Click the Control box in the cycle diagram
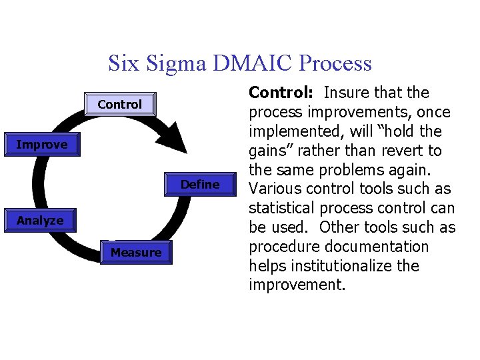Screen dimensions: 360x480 pyautogui.click(x=120, y=105)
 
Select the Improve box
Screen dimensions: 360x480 pyautogui.click(x=41, y=145)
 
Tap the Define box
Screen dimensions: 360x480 pyautogui.click(x=200, y=185)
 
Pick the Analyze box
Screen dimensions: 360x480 pyautogui.click(x=40, y=221)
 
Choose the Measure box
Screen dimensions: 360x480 pyautogui.click(x=136, y=253)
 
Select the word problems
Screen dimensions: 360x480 pyautogui.click(x=354, y=170)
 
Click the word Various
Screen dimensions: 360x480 pyautogui.click(x=275, y=189)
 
